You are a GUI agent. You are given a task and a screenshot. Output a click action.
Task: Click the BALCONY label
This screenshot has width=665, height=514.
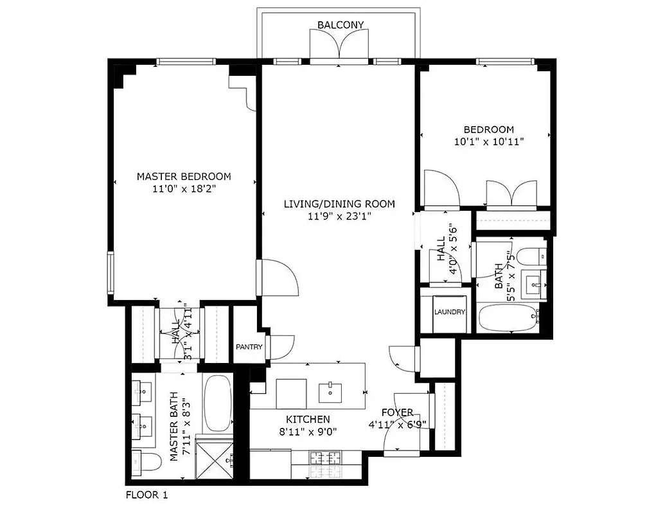(x=341, y=25)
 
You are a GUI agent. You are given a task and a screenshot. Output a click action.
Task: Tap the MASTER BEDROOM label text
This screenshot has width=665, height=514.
(x=184, y=177)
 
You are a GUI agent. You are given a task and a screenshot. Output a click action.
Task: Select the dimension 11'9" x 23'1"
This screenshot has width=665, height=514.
(x=339, y=217)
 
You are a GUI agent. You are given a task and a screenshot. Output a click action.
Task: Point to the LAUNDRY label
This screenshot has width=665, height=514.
(x=449, y=312)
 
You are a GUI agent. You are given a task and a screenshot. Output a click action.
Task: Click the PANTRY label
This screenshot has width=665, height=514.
(x=249, y=347)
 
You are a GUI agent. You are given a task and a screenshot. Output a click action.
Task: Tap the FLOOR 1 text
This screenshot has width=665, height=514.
(x=147, y=495)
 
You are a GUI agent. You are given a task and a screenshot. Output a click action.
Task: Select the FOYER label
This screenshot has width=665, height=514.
(x=397, y=412)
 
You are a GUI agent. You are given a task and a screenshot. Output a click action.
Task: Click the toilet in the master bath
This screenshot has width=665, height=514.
(x=145, y=461)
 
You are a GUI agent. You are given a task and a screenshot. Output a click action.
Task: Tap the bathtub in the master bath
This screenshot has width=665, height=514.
(x=218, y=403)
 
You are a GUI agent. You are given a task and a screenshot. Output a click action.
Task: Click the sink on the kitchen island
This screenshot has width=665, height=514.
(x=331, y=389)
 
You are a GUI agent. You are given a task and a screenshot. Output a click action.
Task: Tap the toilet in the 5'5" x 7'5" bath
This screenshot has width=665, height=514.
(x=531, y=257)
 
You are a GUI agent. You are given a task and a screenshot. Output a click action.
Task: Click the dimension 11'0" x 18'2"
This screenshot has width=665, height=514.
(x=184, y=190)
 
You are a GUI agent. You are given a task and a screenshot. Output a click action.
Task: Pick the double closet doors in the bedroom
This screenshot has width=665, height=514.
(x=511, y=194)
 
